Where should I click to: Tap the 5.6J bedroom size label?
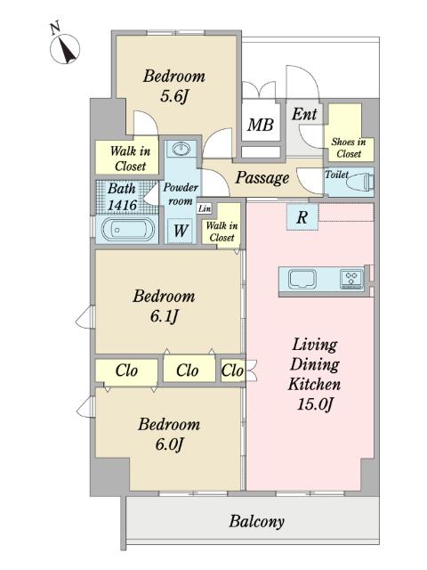pyautogui.click(x=174, y=96)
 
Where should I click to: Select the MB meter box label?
pyautogui.click(x=261, y=125)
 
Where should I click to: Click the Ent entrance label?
pyautogui.click(x=304, y=114)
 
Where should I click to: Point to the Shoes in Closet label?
pyautogui.click(x=349, y=148)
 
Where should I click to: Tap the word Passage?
pyautogui.click(x=262, y=178)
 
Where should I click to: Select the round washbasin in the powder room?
pyautogui.click(x=181, y=149)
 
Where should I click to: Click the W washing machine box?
pyautogui.click(x=181, y=231)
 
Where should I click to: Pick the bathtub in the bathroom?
pyautogui.click(x=126, y=230)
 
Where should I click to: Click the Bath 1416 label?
pyautogui.click(x=123, y=197)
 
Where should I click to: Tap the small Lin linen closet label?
pyautogui.click(x=205, y=208)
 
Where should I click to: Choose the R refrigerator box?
pyautogui.click(x=302, y=217)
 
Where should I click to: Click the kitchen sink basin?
pyautogui.click(x=302, y=280)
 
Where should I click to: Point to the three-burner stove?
pyautogui.click(x=351, y=279)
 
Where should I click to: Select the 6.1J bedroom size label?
pyautogui.click(x=164, y=316)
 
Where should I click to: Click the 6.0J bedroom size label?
pyautogui.click(x=169, y=444)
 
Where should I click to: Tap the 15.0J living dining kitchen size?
pyautogui.click(x=315, y=404)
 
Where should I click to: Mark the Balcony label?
pyautogui.click(x=256, y=522)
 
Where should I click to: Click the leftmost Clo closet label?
pyautogui.click(x=126, y=370)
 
